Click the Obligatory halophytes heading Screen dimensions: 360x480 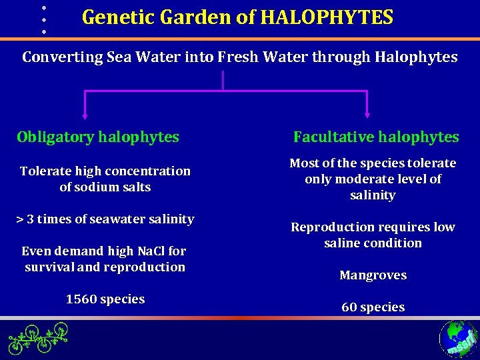tap(98, 137)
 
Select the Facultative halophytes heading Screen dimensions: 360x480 tap(376, 137)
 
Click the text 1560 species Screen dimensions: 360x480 tap(105, 299)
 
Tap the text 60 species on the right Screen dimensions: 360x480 tap(373, 307)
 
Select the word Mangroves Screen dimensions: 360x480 tap(373, 275)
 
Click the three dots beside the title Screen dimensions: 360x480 tap(43, 19)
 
